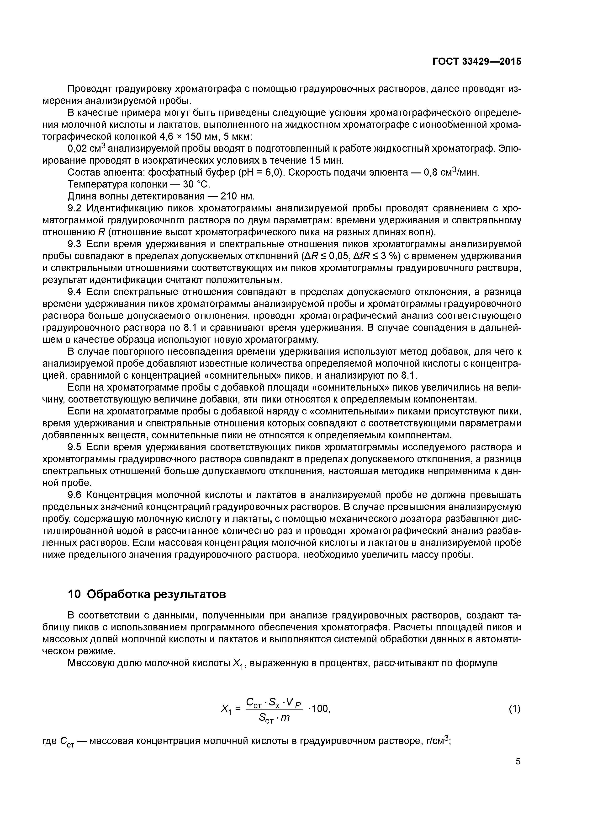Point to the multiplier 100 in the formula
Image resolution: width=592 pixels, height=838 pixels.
tap(320, 709)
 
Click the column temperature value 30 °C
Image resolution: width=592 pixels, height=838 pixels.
tap(196, 184)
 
